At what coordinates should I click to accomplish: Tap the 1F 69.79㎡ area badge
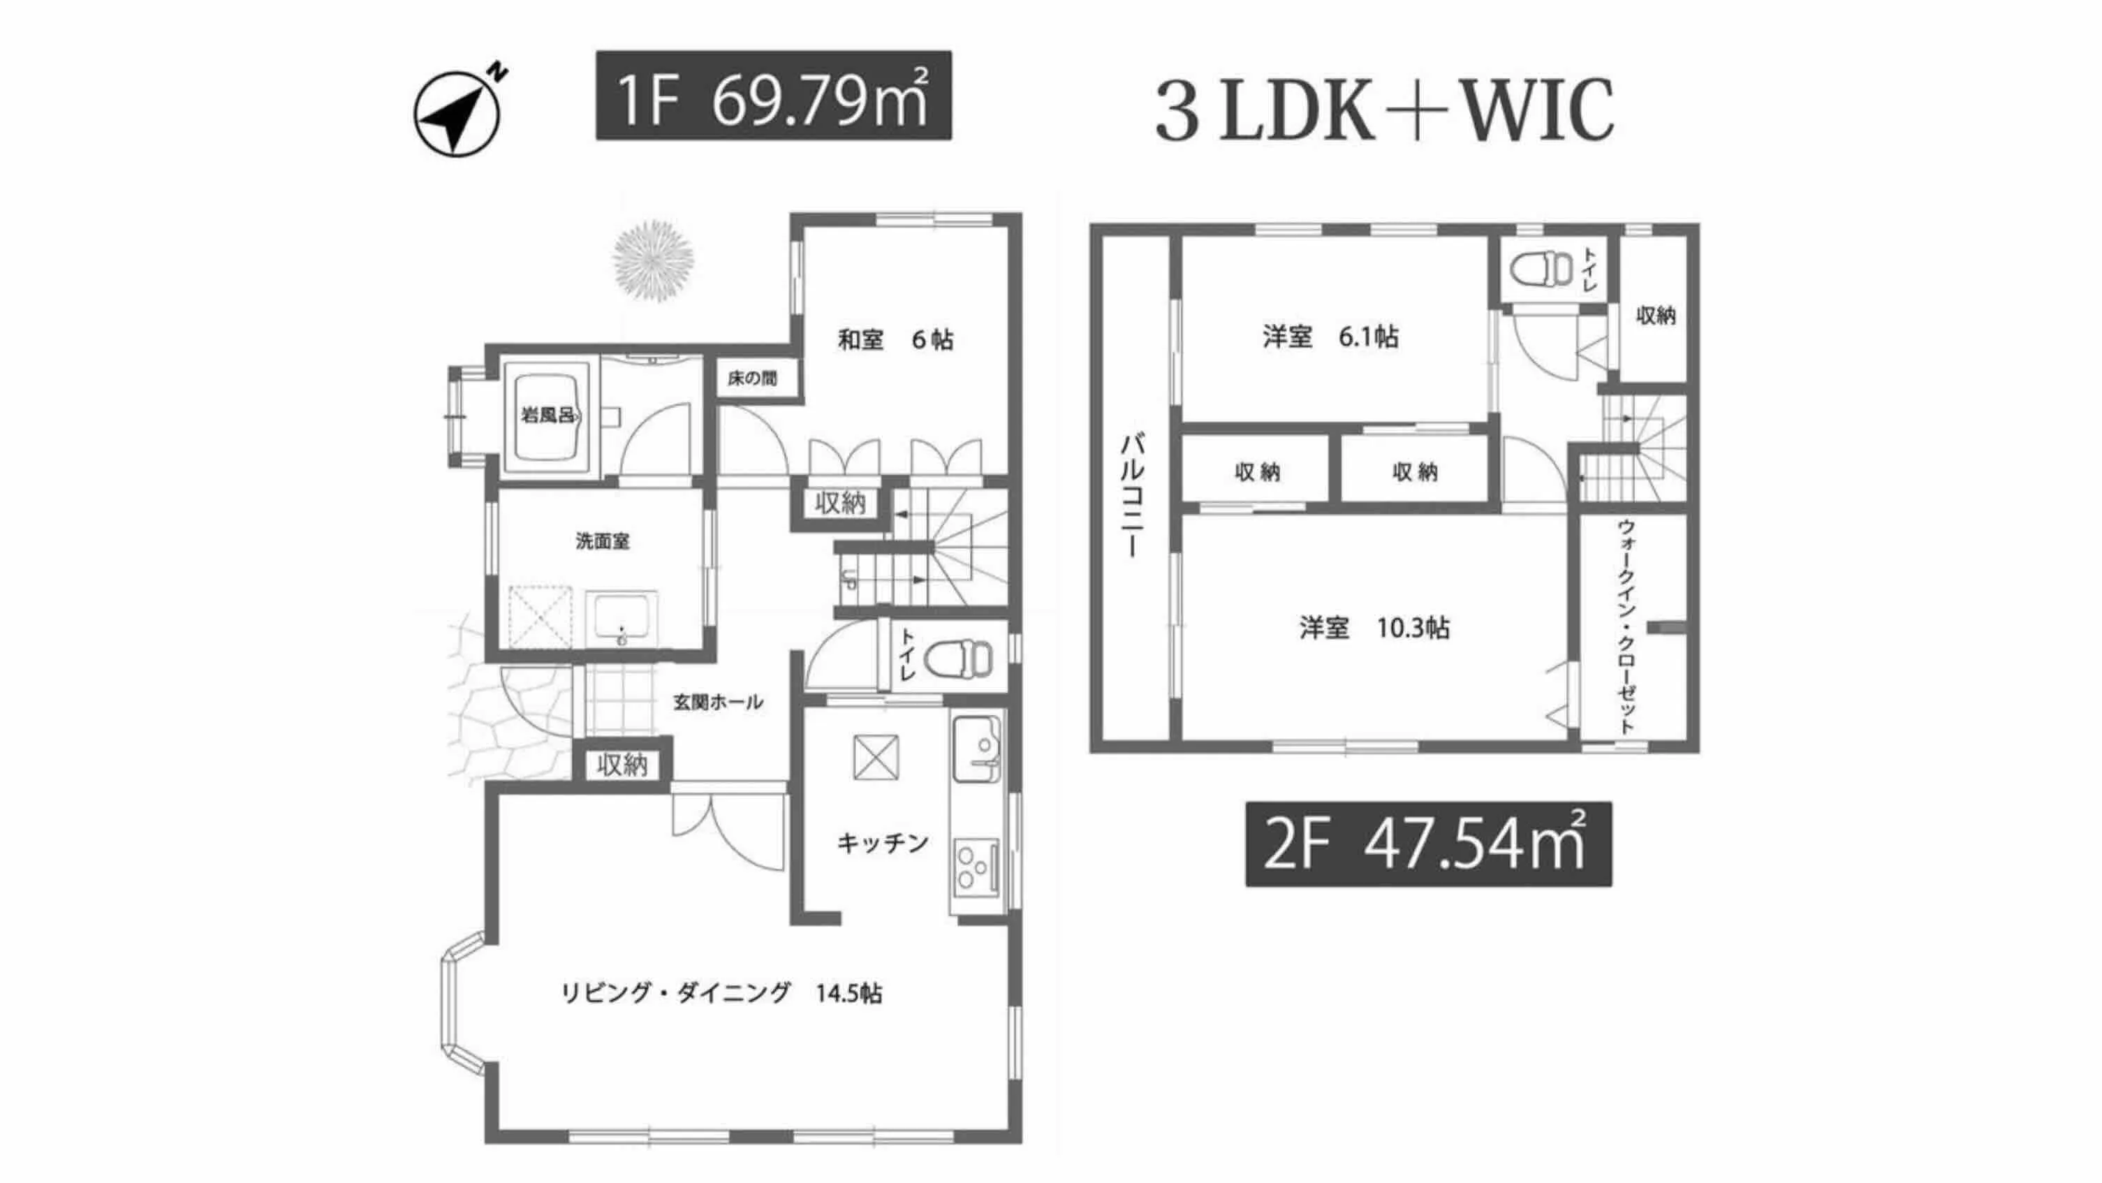tap(773, 96)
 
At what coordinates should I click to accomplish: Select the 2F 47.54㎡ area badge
tap(1428, 844)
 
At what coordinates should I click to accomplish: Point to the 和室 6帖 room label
tap(895, 339)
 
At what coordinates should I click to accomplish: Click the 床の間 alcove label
tap(751, 379)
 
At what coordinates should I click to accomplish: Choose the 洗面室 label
tap(602, 541)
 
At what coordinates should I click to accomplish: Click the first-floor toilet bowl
tap(962, 658)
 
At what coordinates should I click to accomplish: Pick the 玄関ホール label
tap(717, 702)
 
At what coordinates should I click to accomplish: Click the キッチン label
tap(883, 843)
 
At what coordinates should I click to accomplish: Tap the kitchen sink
tap(977, 747)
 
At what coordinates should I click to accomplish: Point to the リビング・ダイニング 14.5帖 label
tap(721, 993)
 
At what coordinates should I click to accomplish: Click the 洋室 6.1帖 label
tap(1330, 336)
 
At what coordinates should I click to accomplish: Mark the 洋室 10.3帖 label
tap(1374, 627)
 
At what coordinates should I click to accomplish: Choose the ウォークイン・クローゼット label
tap(1626, 626)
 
